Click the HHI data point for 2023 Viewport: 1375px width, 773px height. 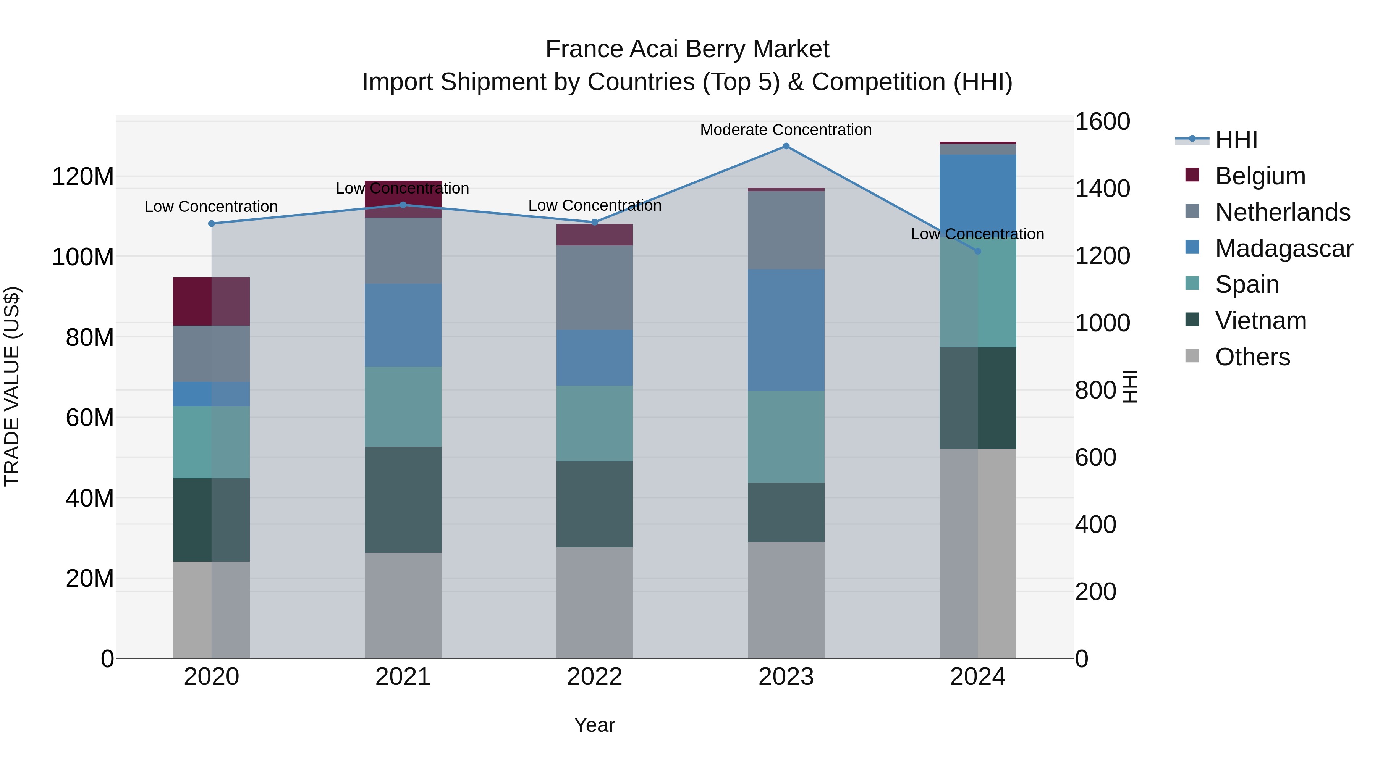tap(786, 146)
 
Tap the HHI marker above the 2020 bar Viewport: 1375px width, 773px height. tap(211, 224)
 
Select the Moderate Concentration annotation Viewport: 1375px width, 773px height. tap(786, 130)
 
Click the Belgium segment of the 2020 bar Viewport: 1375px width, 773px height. tap(211, 302)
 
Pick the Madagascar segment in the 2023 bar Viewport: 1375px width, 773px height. tap(786, 330)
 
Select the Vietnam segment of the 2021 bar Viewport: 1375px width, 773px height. tap(403, 499)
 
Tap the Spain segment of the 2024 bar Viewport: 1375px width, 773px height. tap(977, 299)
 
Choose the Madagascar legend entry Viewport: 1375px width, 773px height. tap(1284, 249)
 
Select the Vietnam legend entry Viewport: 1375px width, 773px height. tap(1261, 321)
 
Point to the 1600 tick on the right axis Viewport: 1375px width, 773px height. tap(1102, 122)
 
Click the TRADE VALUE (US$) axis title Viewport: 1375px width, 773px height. tap(12, 386)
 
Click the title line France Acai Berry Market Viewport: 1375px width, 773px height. tap(687, 49)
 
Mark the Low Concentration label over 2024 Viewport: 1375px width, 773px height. tap(977, 234)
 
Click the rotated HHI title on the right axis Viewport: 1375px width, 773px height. tap(1131, 386)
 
